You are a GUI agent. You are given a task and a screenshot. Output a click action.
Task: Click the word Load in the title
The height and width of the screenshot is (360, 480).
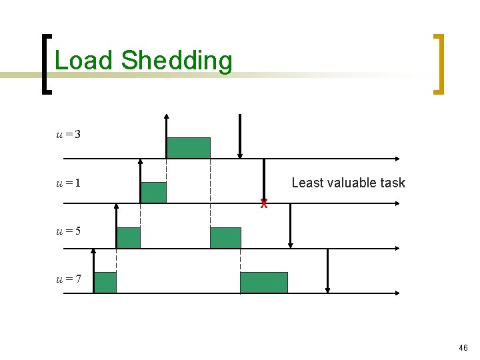(x=83, y=61)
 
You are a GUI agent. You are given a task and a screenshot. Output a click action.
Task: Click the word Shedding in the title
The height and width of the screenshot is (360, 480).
(x=177, y=61)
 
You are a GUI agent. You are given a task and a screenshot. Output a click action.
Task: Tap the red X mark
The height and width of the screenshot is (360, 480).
(x=264, y=203)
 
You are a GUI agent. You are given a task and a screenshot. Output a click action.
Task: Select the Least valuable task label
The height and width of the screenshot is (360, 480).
(x=348, y=183)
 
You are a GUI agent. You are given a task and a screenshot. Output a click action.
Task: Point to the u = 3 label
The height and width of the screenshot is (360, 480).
(x=68, y=135)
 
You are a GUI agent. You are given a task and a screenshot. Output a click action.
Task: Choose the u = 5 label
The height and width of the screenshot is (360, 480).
(x=68, y=231)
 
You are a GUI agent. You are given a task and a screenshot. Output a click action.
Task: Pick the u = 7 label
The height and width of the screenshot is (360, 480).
(x=68, y=279)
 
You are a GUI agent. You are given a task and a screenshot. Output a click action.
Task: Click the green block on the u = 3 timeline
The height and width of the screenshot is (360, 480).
(x=188, y=147)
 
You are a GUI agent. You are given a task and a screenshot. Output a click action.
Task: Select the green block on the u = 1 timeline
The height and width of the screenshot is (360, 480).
(x=153, y=192)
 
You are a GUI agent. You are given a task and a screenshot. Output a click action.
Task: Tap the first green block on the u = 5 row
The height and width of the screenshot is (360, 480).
(x=129, y=237)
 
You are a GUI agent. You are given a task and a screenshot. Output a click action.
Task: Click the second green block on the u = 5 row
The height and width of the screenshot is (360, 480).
(x=225, y=237)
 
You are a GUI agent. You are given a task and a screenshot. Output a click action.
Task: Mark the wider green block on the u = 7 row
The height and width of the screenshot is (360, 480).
(x=264, y=283)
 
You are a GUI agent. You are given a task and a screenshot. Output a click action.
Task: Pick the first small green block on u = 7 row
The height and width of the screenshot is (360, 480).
(x=105, y=283)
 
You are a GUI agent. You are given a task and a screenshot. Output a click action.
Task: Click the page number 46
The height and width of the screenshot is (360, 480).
(x=463, y=348)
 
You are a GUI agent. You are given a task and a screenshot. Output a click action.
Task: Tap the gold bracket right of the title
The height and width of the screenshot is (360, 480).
(x=439, y=64)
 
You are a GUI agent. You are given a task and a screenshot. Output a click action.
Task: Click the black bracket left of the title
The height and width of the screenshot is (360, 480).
(x=45, y=64)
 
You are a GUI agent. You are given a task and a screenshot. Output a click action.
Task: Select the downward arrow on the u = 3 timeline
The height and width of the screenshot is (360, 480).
(x=240, y=137)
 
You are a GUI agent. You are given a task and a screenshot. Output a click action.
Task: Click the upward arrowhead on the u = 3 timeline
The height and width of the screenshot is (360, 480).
(x=166, y=117)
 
